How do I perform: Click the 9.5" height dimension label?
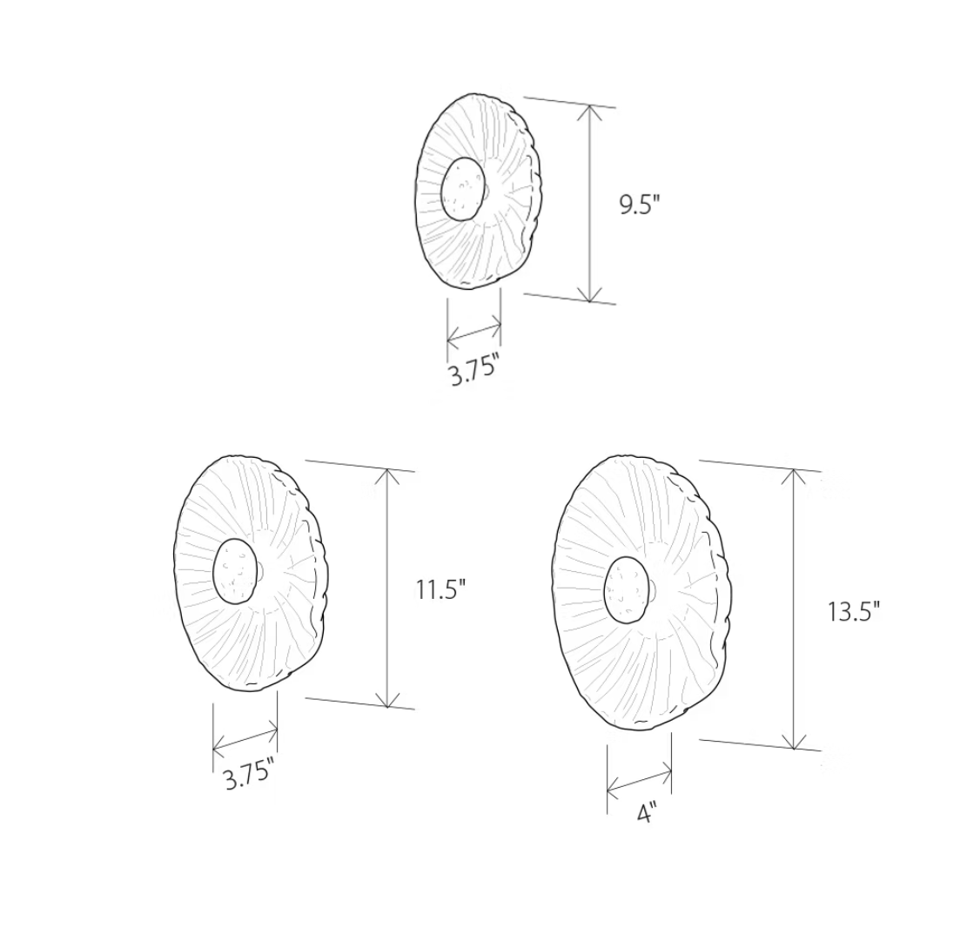pos(640,205)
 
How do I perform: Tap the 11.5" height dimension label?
pos(440,589)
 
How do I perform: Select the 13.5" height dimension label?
pos(854,611)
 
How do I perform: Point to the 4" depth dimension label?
pos(645,813)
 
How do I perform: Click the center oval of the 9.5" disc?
pos(462,188)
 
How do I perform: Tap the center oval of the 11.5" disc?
pos(235,571)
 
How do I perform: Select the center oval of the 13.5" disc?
pos(628,590)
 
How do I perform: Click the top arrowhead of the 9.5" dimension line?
pos(589,112)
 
